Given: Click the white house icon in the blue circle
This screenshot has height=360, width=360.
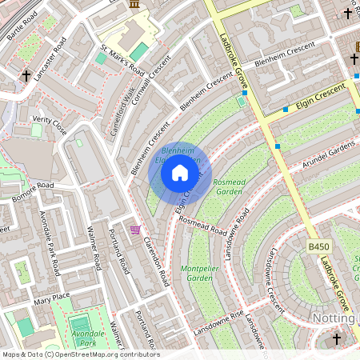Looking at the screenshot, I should (180, 172).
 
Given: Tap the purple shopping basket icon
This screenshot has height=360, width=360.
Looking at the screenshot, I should (135, 230).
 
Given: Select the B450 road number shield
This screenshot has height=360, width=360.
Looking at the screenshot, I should (318, 247).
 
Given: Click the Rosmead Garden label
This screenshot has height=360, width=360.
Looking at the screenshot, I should (228, 187).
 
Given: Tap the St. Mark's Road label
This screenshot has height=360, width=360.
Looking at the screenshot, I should (122, 62).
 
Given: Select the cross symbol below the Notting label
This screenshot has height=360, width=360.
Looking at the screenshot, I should (336, 339).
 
